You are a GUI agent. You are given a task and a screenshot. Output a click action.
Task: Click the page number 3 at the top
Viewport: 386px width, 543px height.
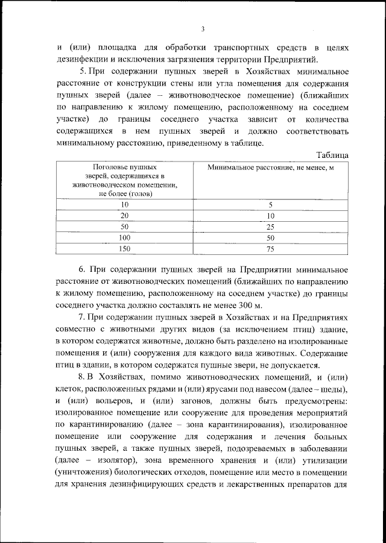tap(203, 29)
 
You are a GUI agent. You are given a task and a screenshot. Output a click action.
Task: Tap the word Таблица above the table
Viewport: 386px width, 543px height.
tap(332, 154)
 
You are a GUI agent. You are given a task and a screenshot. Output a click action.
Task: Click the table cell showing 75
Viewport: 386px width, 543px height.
tap(270, 248)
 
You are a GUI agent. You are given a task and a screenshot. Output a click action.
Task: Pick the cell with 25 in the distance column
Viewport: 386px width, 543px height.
tap(270, 227)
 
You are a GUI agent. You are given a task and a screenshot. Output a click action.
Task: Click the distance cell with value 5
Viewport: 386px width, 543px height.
tap(270, 205)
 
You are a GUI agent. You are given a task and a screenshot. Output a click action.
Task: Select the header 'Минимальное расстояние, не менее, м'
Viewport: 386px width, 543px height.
tap(270, 167)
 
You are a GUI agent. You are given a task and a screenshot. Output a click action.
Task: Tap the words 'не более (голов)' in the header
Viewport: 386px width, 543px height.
tap(125, 193)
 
